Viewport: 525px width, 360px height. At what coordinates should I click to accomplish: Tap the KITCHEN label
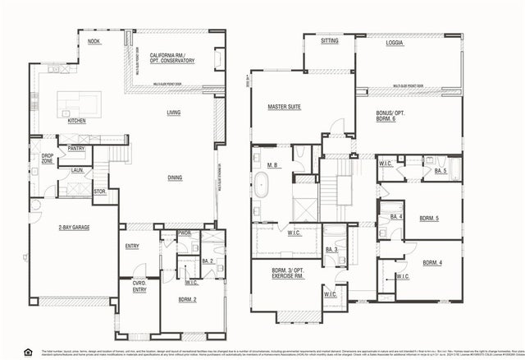click(76, 121)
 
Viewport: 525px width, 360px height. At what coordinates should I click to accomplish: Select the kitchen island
click(78, 104)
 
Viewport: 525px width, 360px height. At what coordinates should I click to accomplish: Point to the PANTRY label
click(76, 149)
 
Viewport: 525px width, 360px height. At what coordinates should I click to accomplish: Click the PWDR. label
click(185, 233)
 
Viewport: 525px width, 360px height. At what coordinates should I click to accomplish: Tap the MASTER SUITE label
click(285, 107)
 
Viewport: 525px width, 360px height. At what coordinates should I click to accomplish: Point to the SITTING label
click(329, 39)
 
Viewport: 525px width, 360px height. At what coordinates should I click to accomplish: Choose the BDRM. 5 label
click(428, 219)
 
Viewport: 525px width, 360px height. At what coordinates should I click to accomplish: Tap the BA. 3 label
click(332, 249)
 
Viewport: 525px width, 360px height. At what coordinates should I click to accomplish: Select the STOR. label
click(100, 192)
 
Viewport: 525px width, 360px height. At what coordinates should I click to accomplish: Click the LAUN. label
click(77, 170)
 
